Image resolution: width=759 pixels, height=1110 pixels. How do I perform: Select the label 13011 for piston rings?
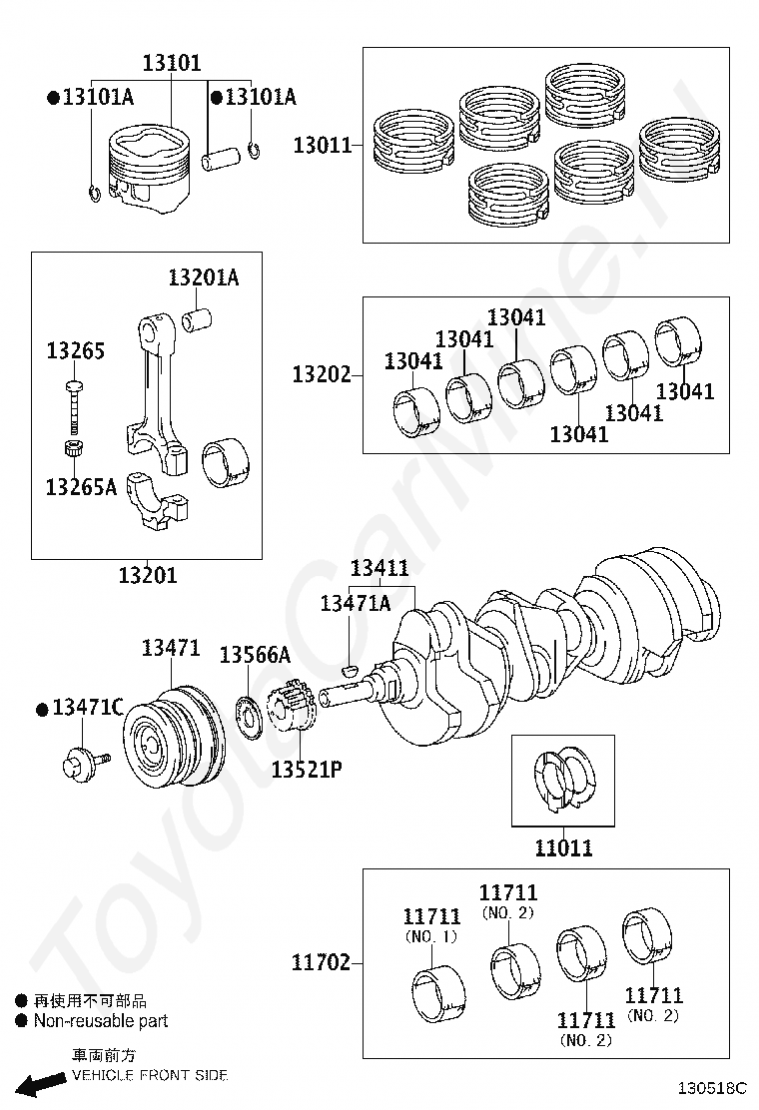pyautogui.click(x=322, y=146)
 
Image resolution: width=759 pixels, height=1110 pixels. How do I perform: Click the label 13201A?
pyautogui.click(x=203, y=277)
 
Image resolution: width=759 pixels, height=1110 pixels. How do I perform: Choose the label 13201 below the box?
pyautogui.click(x=147, y=575)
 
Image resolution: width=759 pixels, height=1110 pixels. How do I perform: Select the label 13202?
pyautogui.click(x=322, y=375)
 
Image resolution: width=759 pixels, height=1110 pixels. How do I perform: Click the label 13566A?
pyautogui.click(x=255, y=655)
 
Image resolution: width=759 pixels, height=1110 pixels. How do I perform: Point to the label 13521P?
pyautogui.click(x=307, y=772)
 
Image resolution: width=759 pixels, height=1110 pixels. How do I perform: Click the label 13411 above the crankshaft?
pyautogui.click(x=379, y=569)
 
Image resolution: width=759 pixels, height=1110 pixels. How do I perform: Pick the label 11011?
pyautogui.click(x=563, y=848)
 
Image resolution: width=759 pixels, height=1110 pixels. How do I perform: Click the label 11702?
pyautogui.click(x=321, y=962)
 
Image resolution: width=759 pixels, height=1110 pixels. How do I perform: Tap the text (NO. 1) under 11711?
pyautogui.click(x=431, y=936)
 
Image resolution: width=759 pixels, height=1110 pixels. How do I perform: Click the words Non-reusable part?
pyautogui.click(x=101, y=1021)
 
